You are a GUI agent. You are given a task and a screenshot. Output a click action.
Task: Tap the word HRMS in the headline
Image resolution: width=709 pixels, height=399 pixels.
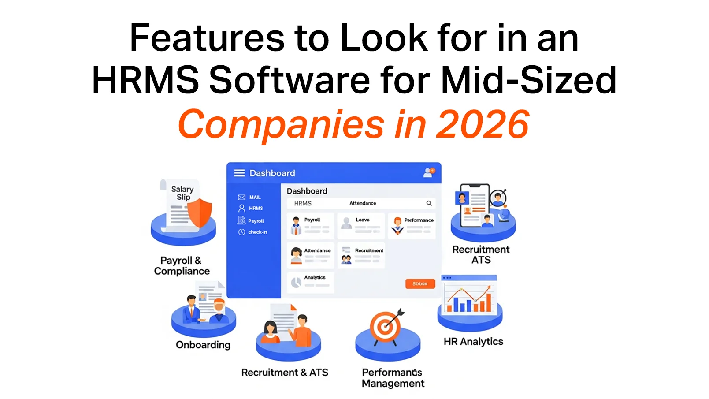(145, 80)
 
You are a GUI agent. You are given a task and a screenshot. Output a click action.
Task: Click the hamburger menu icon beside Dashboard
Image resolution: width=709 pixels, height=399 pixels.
(239, 173)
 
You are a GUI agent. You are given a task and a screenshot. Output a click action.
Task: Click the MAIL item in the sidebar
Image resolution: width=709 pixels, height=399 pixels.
(250, 197)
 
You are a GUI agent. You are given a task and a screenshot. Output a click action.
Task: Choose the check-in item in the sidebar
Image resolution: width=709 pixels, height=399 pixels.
(253, 232)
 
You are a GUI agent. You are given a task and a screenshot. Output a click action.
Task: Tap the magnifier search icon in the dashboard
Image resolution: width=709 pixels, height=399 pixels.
(429, 203)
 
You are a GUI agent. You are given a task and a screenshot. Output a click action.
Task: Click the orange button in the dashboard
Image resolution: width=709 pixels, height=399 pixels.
(420, 283)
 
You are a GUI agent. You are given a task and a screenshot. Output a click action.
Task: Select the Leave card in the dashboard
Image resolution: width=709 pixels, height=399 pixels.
(360, 225)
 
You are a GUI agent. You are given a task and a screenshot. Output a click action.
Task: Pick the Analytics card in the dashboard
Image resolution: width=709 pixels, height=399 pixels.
(310, 282)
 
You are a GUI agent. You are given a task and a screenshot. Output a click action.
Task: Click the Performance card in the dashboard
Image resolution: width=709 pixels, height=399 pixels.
(412, 225)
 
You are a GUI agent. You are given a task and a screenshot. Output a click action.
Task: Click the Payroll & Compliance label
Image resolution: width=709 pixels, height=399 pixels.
(182, 266)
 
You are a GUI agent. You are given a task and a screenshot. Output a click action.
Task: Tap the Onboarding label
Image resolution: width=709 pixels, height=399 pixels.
(203, 345)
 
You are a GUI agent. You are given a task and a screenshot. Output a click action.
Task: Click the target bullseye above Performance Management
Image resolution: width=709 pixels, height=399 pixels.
(386, 327)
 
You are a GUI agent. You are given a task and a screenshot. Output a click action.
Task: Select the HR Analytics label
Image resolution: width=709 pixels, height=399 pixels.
(473, 342)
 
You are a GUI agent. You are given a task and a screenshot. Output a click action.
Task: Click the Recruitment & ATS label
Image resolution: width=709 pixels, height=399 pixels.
(285, 373)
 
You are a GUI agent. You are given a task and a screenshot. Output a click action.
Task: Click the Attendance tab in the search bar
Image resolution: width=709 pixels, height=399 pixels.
(363, 203)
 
